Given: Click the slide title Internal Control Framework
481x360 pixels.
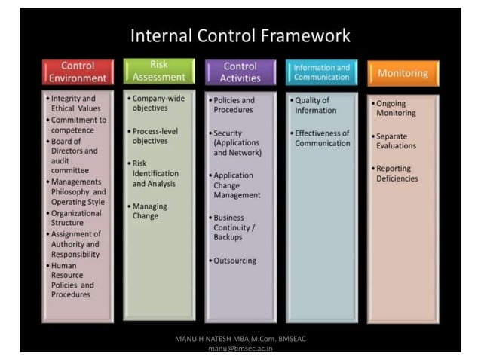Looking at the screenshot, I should [240, 35].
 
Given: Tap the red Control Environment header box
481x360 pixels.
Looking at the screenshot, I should [78, 72].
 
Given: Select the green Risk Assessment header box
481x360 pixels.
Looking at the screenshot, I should [158, 71].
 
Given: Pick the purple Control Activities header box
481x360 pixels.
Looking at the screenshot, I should [240, 72].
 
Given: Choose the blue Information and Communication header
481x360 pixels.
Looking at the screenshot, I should [321, 72].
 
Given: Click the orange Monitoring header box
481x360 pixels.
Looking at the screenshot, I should [403, 73].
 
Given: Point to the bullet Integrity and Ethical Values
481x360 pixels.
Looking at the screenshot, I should [75, 103].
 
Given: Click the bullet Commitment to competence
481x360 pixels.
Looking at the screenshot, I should [78, 125].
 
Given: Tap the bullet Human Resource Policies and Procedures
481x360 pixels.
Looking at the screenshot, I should [72, 279].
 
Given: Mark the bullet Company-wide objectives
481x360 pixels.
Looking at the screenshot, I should [158, 103].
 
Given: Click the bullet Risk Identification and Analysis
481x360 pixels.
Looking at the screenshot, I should [155, 172].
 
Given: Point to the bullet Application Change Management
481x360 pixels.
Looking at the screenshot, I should [237, 185].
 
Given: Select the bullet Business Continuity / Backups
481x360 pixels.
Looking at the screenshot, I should [234, 227].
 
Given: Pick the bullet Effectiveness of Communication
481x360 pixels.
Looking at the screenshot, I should [322, 138].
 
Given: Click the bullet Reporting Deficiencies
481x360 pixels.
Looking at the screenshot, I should [397, 173].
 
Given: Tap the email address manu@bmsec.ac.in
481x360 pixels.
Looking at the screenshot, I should [240, 349].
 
